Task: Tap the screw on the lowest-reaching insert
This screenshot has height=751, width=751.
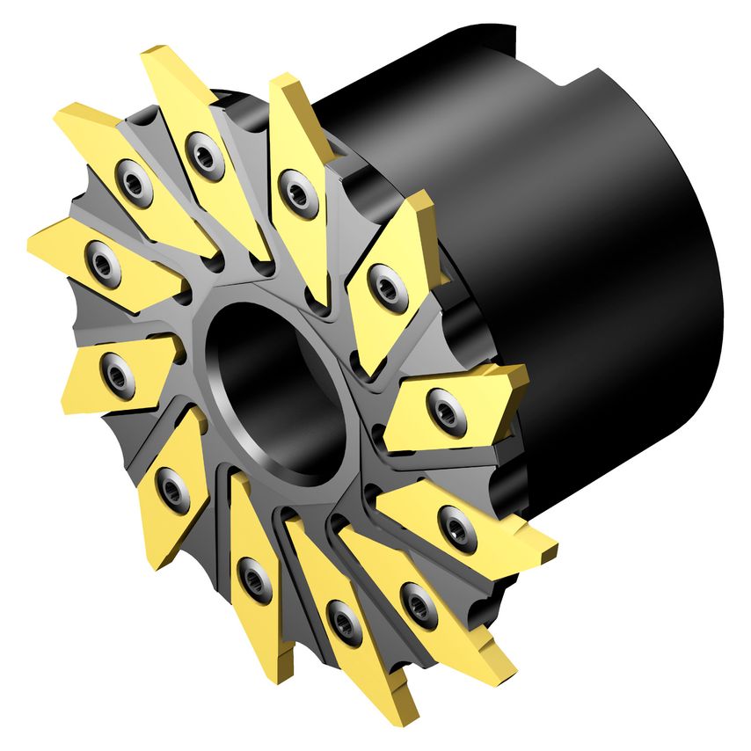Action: pos(342,621)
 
